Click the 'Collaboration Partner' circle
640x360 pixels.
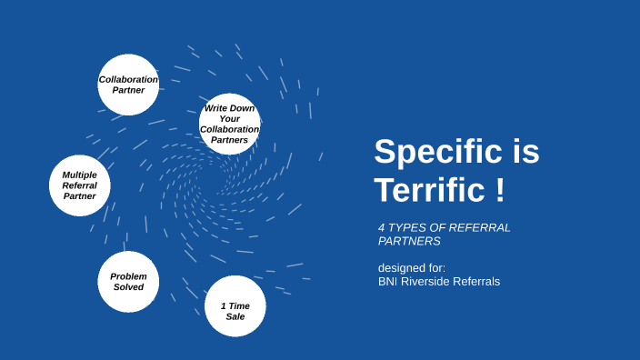point(128,85)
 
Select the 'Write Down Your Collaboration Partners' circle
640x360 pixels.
point(230,124)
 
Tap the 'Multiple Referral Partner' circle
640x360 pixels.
point(80,185)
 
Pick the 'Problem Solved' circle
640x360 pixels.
point(128,282)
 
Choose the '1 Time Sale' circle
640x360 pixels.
point(235,306)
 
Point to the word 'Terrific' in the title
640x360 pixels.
point(428,190)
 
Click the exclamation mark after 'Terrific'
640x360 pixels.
point(500,190)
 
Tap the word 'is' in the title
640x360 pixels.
point(525,152)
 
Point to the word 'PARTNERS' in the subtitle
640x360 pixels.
point(409,241)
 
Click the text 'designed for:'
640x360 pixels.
point(412,267)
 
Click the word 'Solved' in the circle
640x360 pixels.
point(128,287)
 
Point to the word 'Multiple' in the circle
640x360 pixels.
point(80,175)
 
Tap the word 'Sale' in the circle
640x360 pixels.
point(235,316)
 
